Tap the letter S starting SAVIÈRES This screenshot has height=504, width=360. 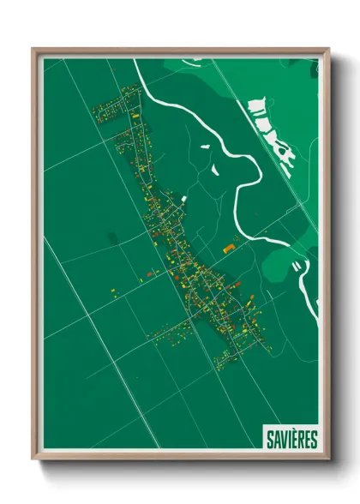click(269, 439)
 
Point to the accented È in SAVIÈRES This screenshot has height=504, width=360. click(293, 439)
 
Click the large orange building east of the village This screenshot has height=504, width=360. click(229, 249)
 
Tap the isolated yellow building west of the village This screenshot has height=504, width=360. click(113, 292)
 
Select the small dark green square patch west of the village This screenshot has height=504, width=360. click(110, 237)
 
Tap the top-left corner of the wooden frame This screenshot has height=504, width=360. click(34, 50)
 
